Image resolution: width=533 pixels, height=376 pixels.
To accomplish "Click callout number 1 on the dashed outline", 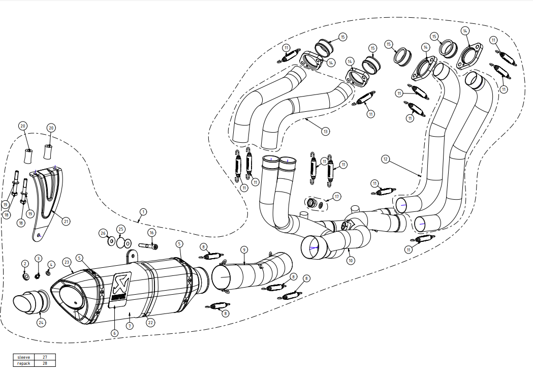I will point(143,211).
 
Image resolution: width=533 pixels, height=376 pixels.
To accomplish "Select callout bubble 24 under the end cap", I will point(41,322).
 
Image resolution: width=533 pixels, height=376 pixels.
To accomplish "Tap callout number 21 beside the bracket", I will point(66,221).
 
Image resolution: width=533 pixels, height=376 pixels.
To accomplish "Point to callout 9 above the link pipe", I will point(244,249).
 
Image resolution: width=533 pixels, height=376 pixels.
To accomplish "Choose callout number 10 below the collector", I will point(351,260).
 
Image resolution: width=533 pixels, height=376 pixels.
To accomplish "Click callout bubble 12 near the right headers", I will point(386,160).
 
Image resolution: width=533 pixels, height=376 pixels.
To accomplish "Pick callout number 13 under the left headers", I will point(325,131).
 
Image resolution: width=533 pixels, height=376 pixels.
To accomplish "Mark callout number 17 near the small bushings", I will point(336,196).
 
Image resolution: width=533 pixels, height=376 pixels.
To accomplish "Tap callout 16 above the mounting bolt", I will point(151,232).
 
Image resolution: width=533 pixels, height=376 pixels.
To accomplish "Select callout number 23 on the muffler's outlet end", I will point(67,262).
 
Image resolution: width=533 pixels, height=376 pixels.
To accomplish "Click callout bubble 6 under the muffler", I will point(114,333).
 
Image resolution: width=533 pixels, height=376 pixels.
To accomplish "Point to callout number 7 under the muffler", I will point(130,326).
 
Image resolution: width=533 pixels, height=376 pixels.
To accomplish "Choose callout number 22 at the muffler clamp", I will point(151,322).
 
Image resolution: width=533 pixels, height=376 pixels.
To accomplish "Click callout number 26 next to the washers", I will point(104,233).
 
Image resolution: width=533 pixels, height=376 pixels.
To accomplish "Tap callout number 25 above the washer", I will point(120,229).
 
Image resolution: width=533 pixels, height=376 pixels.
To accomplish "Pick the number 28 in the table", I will point(45,363).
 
